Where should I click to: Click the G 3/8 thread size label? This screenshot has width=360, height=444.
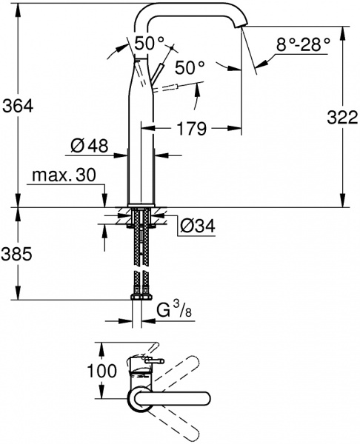[x=171, y=311]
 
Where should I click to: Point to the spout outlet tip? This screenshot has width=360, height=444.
[x=239, y=27]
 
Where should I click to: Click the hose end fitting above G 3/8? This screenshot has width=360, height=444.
[x=141, y=295]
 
